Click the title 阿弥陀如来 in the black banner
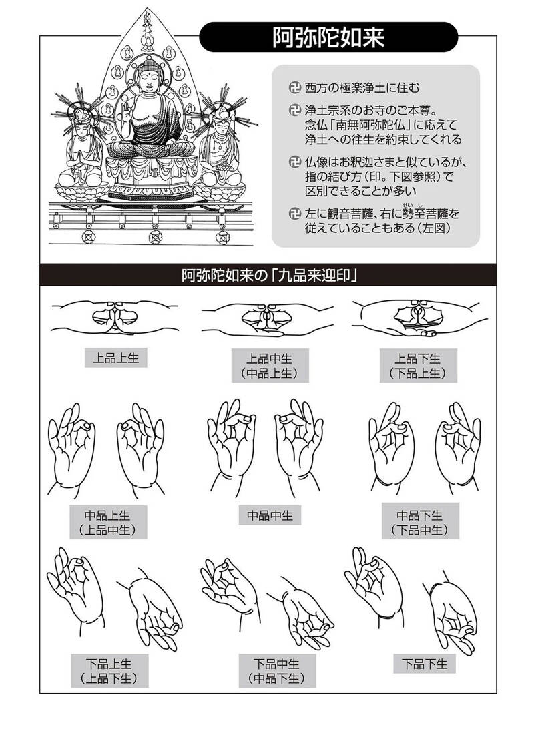[328, 37]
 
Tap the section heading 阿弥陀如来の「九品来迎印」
[270, 275]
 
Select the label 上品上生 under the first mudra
[116, 358]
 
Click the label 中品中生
[270, 515]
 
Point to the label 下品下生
[425, 664]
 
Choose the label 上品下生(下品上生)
[418, 366]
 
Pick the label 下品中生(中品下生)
[277, 671]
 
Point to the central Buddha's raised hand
[126, 112]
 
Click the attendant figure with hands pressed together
[81, 150]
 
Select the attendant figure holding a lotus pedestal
[219, 149]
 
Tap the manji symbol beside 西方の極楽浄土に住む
[294, 87]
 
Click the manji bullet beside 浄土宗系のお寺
[294, 111]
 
